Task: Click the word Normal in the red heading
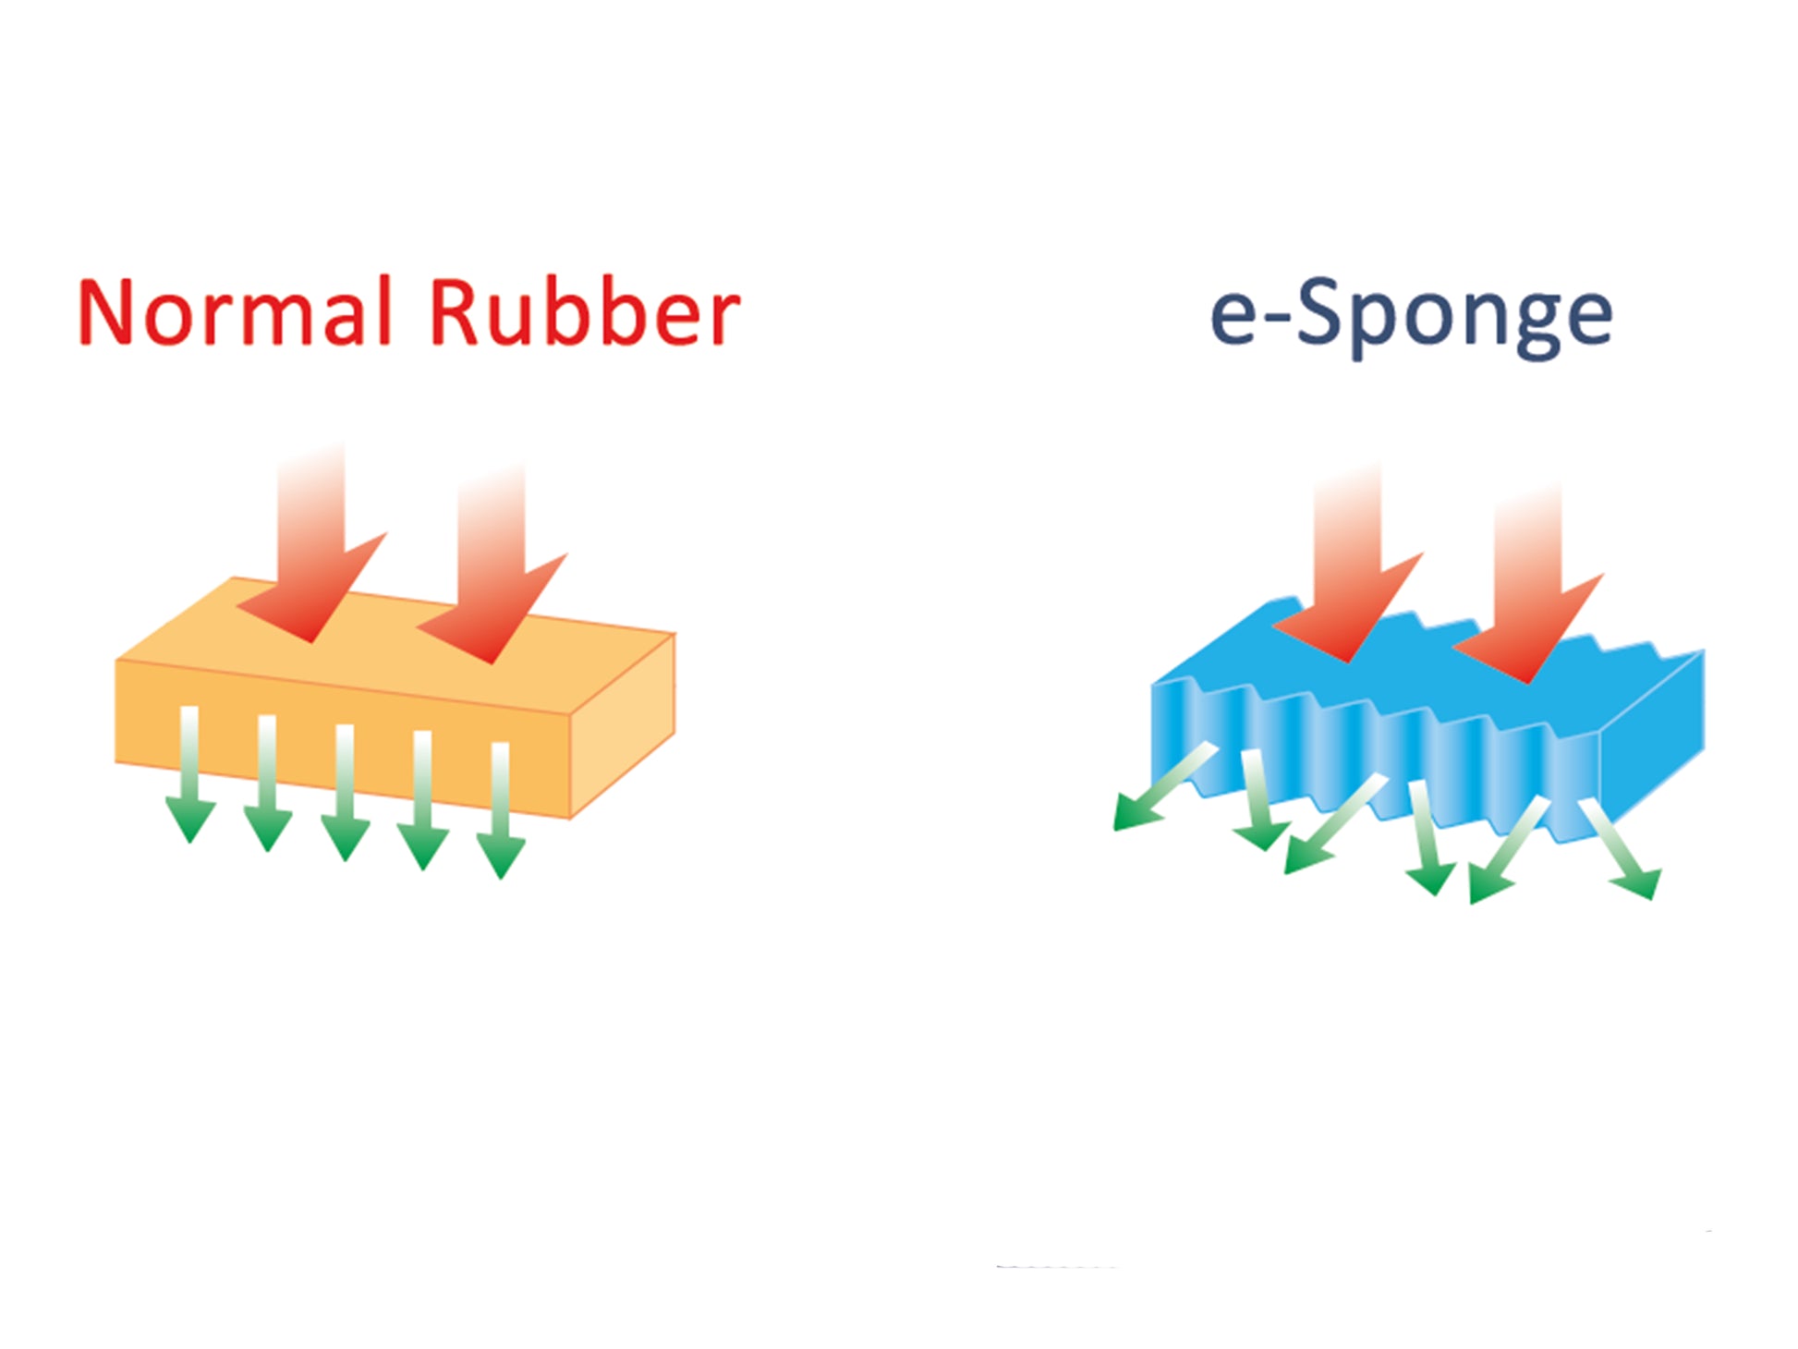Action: pyautogui.click(x=235, y=311)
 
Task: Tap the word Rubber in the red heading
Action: pyautogui.click(x=584, y=311)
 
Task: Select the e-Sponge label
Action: pyautogui.click(x=1411, y=317)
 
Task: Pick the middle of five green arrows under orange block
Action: pyautogui.click(x=346, y=793)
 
